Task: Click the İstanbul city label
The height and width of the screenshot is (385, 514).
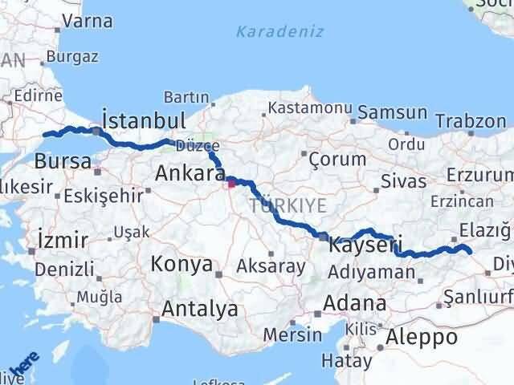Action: point(145,120)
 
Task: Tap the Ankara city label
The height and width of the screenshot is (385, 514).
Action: point(190,172)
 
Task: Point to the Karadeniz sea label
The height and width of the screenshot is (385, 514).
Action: point(279,32)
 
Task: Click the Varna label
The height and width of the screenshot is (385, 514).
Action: point(88,21)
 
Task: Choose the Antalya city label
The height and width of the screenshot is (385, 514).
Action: point(199,308)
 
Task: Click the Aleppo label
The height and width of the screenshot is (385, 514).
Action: point(421,336)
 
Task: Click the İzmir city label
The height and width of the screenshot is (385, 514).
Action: point(63,239)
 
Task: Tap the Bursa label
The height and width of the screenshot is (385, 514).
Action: point(63,161)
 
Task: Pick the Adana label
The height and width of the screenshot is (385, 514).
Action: point(354,304)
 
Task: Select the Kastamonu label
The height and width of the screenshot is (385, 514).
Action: point(310,107)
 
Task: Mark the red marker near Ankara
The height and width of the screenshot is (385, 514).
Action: point(232,184)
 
